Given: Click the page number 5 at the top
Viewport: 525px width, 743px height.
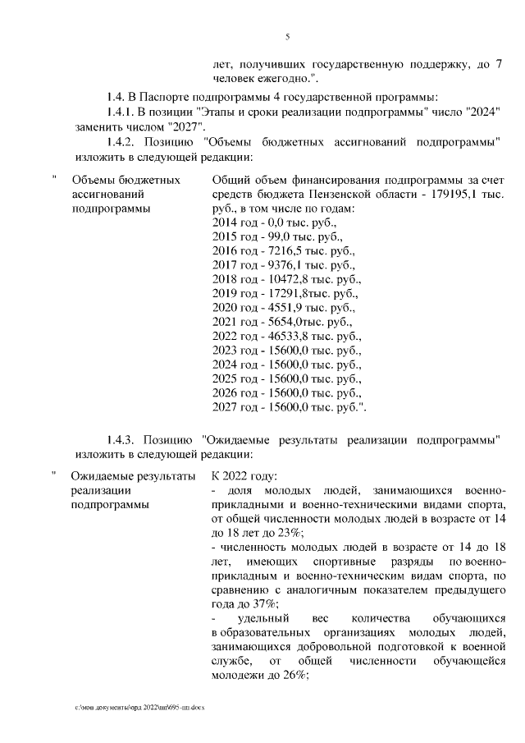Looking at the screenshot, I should coord(287,36).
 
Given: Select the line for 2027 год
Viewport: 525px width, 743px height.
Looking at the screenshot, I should coord(289,406).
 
